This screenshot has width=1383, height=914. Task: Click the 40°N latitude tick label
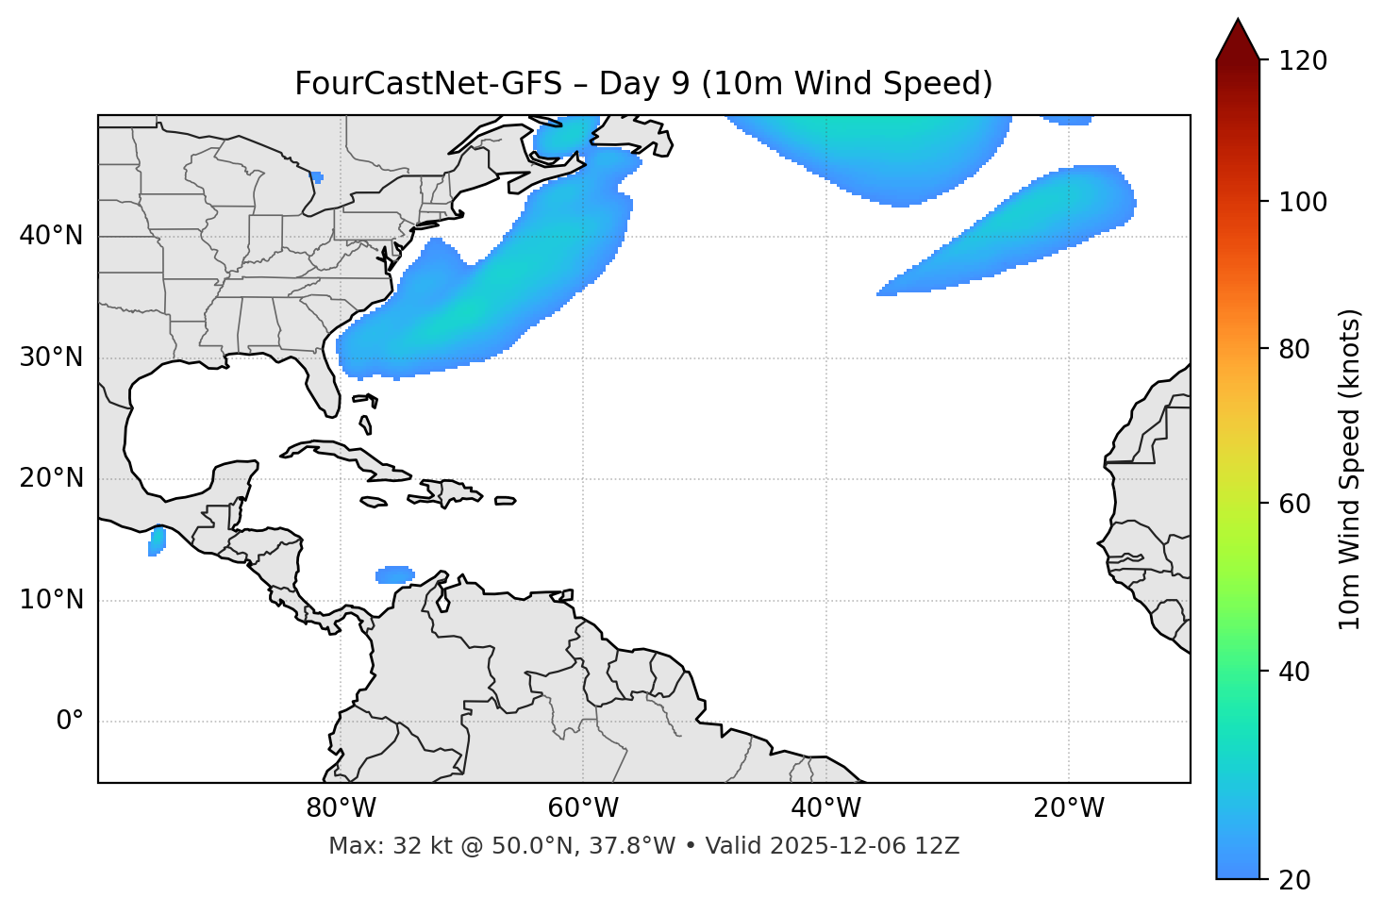[x=51, y=236]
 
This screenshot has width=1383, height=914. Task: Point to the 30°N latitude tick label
[x=51, y=357]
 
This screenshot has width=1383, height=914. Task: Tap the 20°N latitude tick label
[x=51, y=478]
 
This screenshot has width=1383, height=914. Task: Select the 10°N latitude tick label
[x=51, y=600]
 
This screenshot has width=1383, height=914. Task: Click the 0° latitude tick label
[x=70, y=722]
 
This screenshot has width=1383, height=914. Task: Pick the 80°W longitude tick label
[x=341, y=808]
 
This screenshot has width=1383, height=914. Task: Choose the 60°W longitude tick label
[x=583, y=808]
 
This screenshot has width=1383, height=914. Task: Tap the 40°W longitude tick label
[x=825, y=808]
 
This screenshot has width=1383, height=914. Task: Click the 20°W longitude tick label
[x=1069, y=808]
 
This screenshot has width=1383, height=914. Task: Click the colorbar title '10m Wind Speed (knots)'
[x=1350, y=469]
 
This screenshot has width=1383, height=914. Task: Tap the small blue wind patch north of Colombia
[x=394, y=574]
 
